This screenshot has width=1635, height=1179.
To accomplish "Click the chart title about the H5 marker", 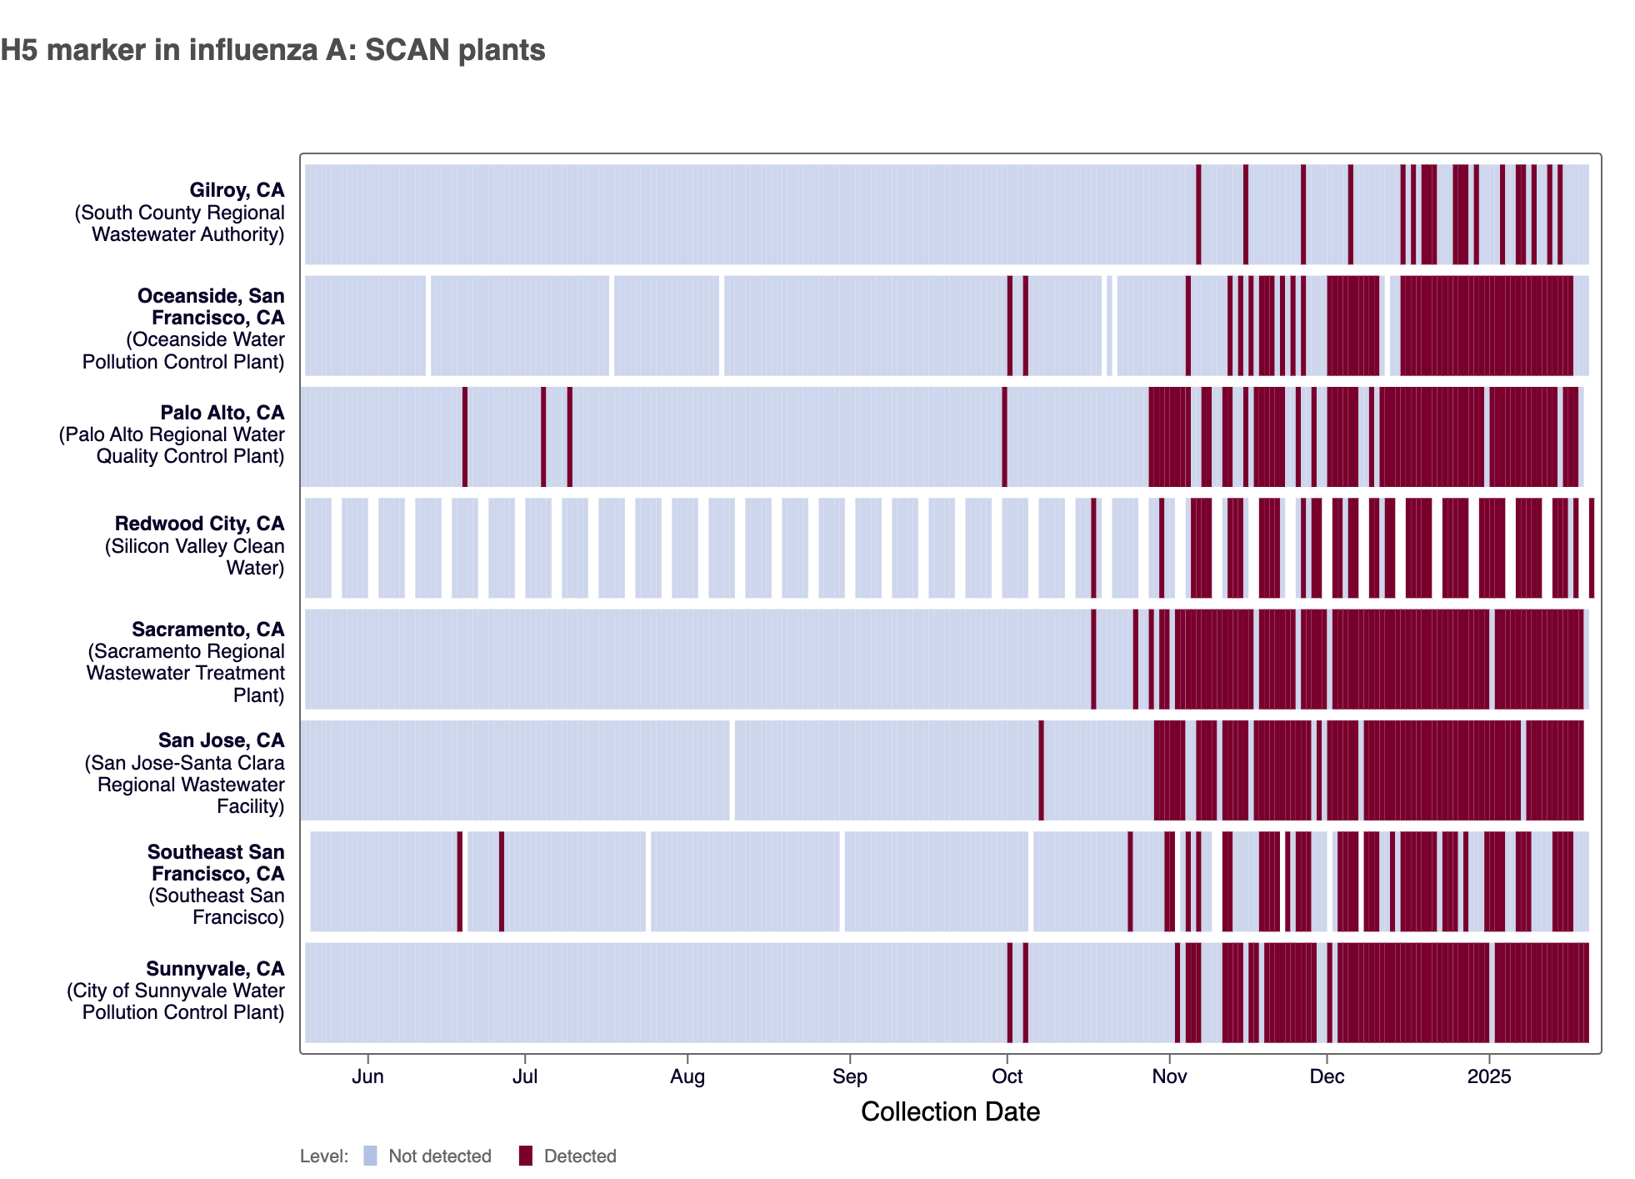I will point(272,50).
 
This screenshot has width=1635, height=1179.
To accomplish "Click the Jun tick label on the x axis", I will point(367,1076).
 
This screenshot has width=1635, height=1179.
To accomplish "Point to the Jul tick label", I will point(524,1076).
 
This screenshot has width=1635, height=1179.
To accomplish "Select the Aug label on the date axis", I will point(687,1076).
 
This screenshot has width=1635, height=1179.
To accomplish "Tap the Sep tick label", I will point(849,1076).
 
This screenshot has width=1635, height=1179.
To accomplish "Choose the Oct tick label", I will point(1007,1076).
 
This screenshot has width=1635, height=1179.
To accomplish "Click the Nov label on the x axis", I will point(1169,1076).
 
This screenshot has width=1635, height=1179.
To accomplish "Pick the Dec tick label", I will point(1327,1076).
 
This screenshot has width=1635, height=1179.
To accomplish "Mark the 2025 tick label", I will point(1488,1076).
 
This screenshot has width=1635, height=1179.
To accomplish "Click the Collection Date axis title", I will point(950,1111).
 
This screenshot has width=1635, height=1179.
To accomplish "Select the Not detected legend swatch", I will point(371,1156).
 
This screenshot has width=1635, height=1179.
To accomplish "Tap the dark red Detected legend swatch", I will point(525,1156).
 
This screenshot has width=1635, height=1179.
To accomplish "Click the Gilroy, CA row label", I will point(237,191).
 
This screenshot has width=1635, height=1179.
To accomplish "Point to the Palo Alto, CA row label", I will point(222,413).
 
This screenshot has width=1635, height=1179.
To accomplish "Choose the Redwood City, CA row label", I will point(199,524).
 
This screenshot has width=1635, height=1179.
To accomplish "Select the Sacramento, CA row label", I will point(207,630).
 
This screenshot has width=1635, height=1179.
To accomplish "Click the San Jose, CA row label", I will point(221,740).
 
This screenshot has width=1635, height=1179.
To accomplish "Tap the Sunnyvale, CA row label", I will point(215,969).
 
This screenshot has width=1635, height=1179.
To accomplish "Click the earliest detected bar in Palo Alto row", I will point(465,437).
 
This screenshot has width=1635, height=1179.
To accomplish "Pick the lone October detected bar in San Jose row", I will point(1041,770).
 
